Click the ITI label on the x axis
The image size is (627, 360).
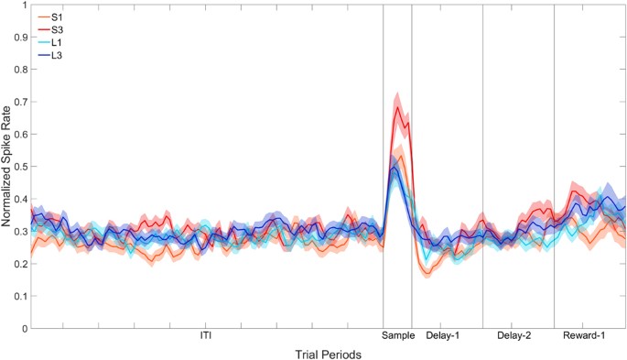[x=207, y=336]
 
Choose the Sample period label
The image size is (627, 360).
[x=397, y=336]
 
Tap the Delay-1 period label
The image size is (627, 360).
[x=443, y=336]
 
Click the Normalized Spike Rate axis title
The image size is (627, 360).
[x=6, y=166]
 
